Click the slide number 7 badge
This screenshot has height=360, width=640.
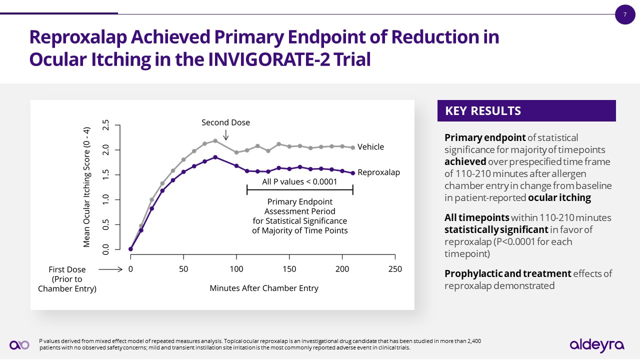624,14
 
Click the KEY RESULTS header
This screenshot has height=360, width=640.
483,111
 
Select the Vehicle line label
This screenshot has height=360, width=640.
370,147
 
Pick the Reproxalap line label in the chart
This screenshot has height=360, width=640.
378,172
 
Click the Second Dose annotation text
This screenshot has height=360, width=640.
225,122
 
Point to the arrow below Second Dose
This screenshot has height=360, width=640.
226,134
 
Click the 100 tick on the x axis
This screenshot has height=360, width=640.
236,269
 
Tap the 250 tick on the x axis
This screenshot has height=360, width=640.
395,269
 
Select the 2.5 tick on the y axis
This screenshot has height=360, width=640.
105,125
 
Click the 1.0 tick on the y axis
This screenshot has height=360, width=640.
105,199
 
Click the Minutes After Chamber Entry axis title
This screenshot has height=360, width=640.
263,288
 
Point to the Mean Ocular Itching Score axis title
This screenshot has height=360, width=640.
86,187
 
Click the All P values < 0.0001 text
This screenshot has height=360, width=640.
299,181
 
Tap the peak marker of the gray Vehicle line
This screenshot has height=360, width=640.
215,140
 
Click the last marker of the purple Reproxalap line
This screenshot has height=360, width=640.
353,173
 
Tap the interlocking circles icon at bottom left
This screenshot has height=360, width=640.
19,344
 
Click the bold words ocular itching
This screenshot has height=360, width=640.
559,197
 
